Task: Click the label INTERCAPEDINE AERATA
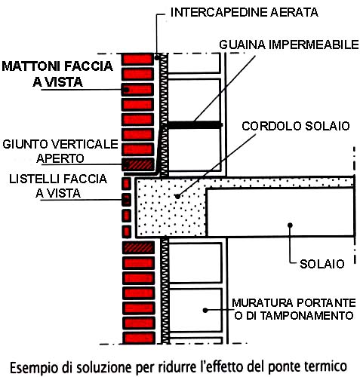point(244,12)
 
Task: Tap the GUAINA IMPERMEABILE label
point(289,44)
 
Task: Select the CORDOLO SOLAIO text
point(296,126)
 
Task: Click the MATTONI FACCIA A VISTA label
point(57,74)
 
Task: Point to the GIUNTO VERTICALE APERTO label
point(60,151)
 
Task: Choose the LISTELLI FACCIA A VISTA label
point(58,186)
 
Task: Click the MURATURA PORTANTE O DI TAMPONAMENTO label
point(294,309)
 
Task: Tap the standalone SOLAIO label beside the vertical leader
point(322,264)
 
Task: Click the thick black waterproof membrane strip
point(194,125)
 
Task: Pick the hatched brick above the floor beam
point(138,164)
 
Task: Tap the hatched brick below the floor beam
point(138,247)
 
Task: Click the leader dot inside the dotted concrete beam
point(177,196)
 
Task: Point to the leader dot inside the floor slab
point(290,225)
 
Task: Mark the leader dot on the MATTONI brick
point(127,90)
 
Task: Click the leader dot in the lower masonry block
point(205,311)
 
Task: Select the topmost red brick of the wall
point(137,60)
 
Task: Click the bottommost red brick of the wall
point(138,338)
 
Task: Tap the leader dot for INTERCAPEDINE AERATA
point(157,58)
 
